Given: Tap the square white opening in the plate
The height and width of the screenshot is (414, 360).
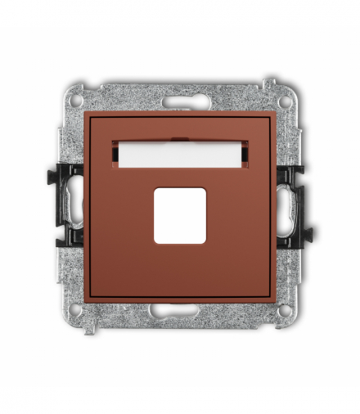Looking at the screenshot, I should click(179, 218).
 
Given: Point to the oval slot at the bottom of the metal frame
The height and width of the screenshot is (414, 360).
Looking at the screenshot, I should click(179, 311).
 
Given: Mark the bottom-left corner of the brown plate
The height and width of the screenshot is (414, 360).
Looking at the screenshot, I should click(86, 301).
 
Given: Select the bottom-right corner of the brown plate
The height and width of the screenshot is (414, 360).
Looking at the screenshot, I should click(274, 301).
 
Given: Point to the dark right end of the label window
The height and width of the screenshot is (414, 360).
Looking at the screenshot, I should click(244, 154).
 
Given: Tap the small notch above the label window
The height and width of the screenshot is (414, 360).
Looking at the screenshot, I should click(179, 138).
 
